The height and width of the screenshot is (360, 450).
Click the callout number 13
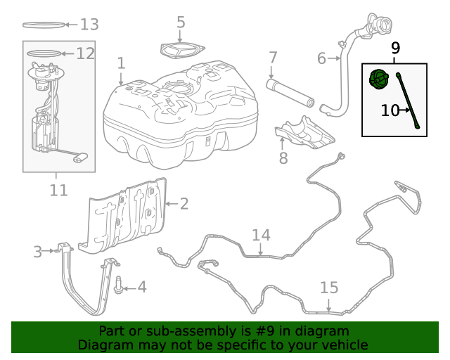tap(89, 25)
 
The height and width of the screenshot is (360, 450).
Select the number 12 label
tap(85, 53)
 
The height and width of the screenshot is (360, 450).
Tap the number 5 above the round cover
tap(181, 22)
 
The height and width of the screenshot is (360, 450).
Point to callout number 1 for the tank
tap(122, 63)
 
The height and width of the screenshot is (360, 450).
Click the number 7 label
tap(273, 58)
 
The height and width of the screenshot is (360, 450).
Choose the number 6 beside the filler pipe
tap(322, 58)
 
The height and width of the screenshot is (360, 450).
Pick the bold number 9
tap(395, 48)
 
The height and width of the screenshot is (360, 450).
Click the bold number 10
tap(390, 110)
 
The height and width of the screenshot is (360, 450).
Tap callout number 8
tap(283, 158)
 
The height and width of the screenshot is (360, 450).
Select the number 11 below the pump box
tap(59, 190)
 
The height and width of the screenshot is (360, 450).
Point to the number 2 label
tap(184, 204)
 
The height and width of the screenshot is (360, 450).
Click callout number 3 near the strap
tap(38, 252)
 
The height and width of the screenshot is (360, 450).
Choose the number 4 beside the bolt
tap(142, 287)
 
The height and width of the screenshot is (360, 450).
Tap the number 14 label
tap(261, 235)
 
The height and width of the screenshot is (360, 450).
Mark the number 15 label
tap(329, 288)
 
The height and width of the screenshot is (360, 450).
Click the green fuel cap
tap(379, 79)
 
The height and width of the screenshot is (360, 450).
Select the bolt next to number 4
tap(118, 285)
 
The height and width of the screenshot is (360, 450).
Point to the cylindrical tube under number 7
tap(290, 94)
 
